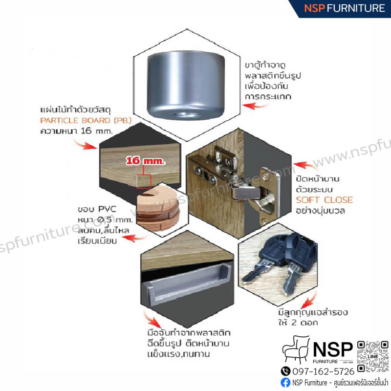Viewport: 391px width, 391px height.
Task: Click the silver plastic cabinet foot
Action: [186, 85]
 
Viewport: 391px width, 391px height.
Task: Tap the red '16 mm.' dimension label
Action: [145, 161]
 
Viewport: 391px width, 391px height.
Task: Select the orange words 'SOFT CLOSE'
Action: [325, 200]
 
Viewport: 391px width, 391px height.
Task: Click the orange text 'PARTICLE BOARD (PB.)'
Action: [86, 120]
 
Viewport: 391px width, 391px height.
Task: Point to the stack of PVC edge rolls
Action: [158, 208]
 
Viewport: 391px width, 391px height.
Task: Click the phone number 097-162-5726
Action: [323, 371]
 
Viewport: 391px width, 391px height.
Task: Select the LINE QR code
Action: [373, 356]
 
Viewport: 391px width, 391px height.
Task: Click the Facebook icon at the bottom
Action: [285, 383]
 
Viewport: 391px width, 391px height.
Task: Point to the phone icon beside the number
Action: [285, 371]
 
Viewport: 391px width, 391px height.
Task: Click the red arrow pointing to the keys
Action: [309, 301]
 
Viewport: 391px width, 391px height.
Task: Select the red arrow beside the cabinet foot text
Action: [255, 106]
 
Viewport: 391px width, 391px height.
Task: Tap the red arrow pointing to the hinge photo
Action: [305, 166]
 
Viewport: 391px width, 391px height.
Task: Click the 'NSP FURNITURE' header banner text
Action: [345, 8]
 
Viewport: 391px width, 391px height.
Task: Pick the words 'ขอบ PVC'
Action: [97, 209]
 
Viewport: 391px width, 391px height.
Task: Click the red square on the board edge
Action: [144, 181]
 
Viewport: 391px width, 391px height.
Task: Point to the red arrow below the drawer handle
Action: [152, 319]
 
